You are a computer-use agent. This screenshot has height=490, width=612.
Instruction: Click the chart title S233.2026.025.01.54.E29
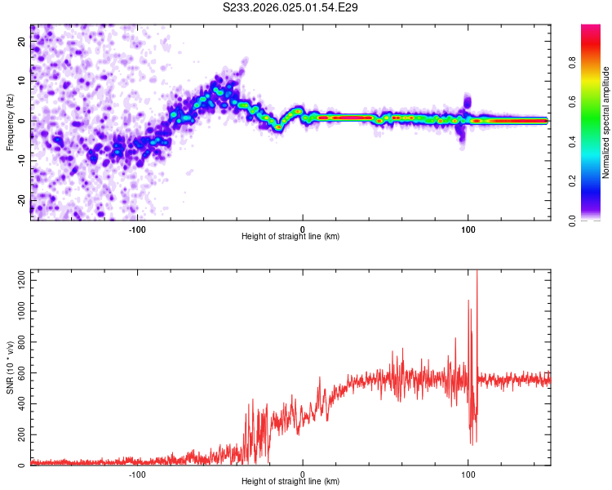coord(291,7)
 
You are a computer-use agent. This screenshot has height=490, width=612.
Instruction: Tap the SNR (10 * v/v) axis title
coord(9,368)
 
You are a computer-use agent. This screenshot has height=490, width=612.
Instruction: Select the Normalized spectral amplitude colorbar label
coord(606,122)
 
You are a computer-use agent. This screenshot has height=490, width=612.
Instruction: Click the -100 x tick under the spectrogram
coord(137,229)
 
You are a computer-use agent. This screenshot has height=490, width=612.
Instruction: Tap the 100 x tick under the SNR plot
coord(468,474)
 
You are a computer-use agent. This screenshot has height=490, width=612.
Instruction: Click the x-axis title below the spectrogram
coord(290,237)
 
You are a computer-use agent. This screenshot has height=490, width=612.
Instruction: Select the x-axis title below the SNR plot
coord(290,482)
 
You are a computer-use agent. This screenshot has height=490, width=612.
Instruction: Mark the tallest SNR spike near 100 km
coord(477,273)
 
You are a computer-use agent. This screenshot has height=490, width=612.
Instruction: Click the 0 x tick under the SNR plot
coord(303,474)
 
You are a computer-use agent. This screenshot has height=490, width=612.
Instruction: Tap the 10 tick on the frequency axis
coord(22,81)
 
